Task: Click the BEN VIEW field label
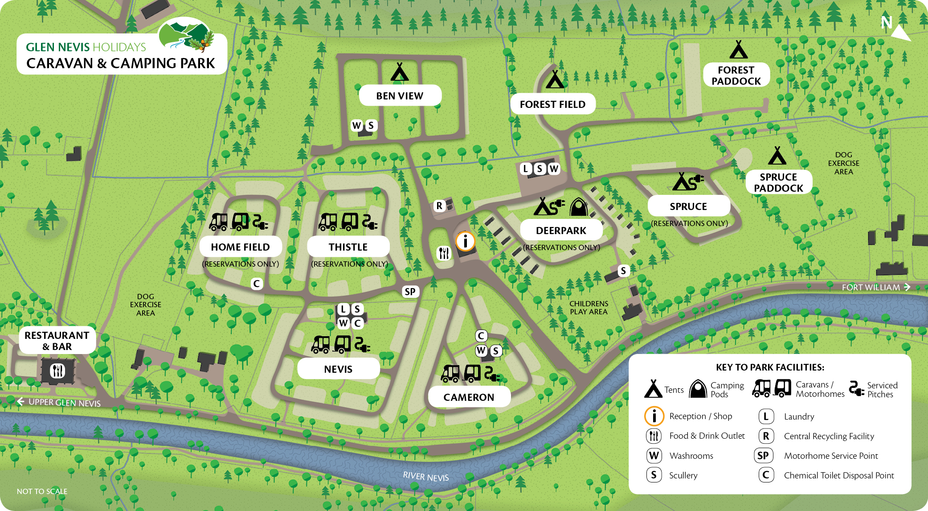(400, 95)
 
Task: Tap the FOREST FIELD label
(552, 104)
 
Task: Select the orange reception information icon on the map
(466, 241)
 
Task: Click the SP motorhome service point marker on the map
(410, 292)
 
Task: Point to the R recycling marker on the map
(439, 206)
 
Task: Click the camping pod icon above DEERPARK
(579, 207)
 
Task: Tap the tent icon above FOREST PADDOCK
(738, 50)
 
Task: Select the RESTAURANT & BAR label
(57, 341)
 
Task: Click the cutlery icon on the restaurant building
(57, 370)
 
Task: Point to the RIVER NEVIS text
(425, 476)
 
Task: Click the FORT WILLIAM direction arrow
(907, 287)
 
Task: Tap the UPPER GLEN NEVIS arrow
(20, 402)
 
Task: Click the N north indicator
(887, 22)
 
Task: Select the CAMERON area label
(469, 397)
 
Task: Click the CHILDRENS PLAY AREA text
(589, 308)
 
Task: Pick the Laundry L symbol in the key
(766, 416)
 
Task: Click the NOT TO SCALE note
(42, 491)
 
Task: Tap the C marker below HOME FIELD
(256, 284)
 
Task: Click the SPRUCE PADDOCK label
(778, 182)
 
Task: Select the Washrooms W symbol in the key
(654, 455)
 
